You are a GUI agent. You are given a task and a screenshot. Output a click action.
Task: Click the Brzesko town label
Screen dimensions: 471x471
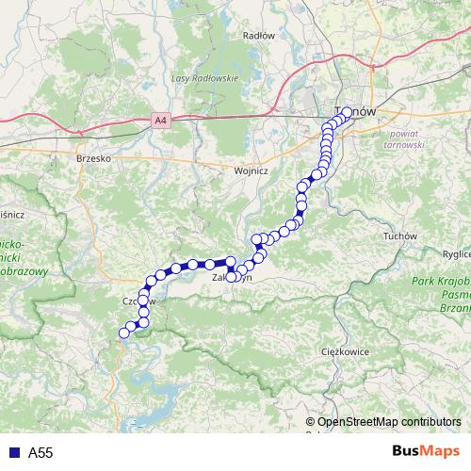[94, 159]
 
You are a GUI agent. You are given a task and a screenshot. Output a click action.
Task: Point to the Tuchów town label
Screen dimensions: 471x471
[401, 235]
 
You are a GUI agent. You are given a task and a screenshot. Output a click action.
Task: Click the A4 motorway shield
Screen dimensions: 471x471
[161, 120]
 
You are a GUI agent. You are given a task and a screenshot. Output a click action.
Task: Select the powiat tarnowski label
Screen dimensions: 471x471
[406, 138]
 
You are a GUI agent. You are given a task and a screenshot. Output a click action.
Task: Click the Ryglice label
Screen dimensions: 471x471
[456, 254]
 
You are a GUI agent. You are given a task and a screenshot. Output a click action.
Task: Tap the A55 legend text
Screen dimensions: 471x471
[41, 453]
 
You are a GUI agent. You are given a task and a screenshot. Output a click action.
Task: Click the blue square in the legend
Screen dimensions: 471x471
[13, 453]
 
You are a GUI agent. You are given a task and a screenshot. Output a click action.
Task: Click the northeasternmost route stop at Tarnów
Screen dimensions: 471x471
[347, 112]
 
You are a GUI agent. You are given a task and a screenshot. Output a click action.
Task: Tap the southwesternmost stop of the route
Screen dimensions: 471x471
[123, 332]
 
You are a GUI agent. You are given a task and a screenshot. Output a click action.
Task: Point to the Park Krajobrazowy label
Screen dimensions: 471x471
[439, 284]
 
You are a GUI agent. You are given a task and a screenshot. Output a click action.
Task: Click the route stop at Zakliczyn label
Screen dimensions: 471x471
[231, 277]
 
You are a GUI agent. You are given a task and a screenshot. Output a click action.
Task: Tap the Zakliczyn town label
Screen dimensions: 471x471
[232, 279]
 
